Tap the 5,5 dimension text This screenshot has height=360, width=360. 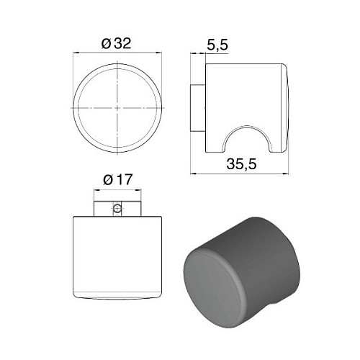coord(217,45)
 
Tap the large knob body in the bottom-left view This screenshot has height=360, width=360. coord(117,256)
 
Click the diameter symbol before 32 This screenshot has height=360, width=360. coord(106,43)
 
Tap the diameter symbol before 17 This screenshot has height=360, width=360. coord(107,180)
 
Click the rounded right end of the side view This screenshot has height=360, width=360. coord(286,108)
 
